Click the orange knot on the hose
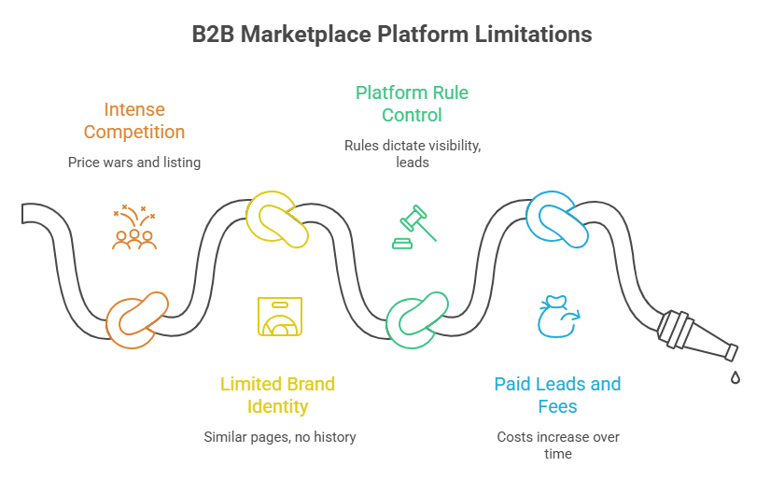(136, 316)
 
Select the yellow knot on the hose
(277, 219)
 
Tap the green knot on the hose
(417, 318)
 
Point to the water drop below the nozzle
(735, 378)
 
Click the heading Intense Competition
(135, 120)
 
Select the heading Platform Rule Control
(412, 104)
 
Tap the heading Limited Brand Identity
(278, 395)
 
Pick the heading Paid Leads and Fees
(557, 395)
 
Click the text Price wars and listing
(135, 163)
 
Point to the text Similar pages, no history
(279, 436)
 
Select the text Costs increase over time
(557, 445)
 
